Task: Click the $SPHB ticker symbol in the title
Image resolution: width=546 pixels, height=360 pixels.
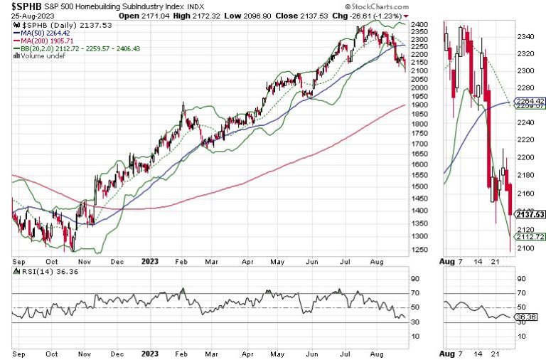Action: click(26, 6)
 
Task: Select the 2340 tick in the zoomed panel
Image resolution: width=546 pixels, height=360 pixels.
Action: click(525, 36)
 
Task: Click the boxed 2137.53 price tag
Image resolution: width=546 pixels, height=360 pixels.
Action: click(530, 214)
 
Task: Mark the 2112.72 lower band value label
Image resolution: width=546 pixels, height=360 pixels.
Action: click(530, 237)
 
